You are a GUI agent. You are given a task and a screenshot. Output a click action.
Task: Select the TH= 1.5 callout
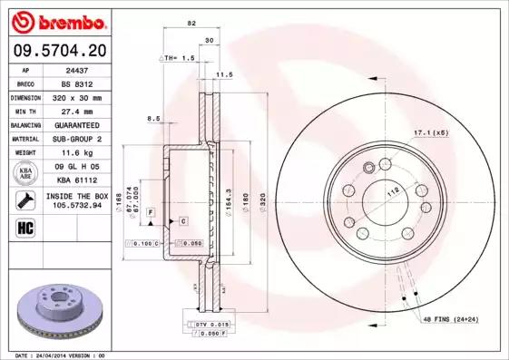pyautogui.click(x=181, y=57)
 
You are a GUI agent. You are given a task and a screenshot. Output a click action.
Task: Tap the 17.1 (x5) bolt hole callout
pyautogui.click(x=431, y=134)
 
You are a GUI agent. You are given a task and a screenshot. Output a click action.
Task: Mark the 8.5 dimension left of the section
pyautogui.click(x=153, y=118)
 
